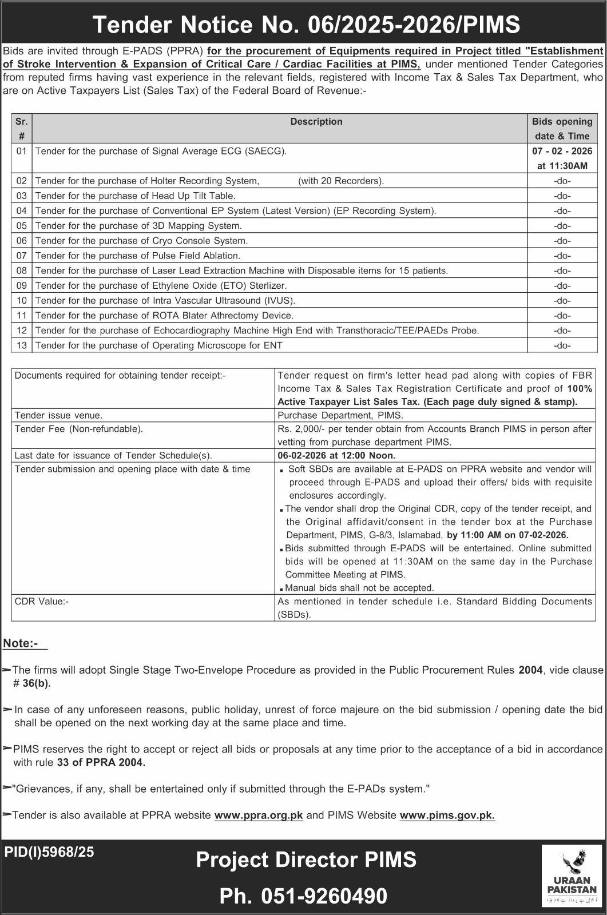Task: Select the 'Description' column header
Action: (x=316, y=121)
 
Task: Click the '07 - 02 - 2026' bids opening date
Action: (x=562, y=151)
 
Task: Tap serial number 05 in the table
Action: (x=22, y=226)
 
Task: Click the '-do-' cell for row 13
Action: (x=562, y=345)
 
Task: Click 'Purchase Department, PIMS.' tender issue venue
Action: (x=340, y=415)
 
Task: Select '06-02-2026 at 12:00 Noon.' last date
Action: (x=336, y=455)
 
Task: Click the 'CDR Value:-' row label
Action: (x=41, y=601)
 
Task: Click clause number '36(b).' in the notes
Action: (x=37, y=683)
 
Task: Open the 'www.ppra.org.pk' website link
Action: (x=259, y=815)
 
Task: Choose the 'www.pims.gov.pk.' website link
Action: (x=447, y=815)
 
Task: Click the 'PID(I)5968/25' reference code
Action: (x=49, y=852)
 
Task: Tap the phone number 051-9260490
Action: (x=324, y=896)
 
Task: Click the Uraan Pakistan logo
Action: (x=572, y=876)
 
